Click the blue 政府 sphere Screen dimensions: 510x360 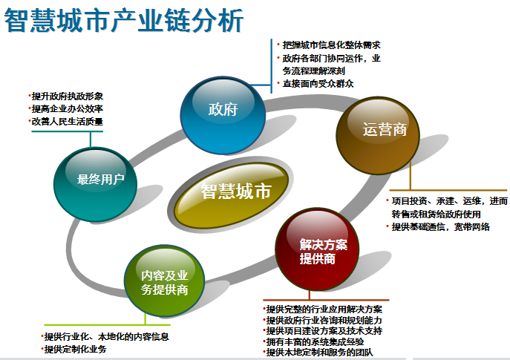223,115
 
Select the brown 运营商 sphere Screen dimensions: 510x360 378,135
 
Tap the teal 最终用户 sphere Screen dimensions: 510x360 95,184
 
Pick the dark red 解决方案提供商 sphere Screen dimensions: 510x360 317,249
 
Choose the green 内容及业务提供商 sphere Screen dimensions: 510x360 165,281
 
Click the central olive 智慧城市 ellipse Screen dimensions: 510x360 232,194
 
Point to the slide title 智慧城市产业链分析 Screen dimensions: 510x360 124,20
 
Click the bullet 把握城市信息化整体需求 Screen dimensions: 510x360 331,45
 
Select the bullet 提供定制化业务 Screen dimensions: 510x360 75,350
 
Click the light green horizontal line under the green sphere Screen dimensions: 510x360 108,324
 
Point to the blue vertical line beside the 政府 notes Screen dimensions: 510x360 271,66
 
